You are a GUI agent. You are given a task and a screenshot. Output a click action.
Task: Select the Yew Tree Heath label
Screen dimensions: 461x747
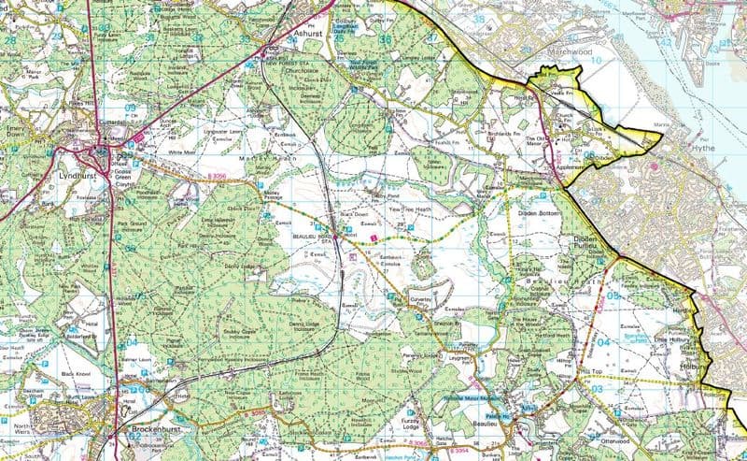(404, 210)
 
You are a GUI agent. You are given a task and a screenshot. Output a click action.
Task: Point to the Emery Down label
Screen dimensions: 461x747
(19, 137)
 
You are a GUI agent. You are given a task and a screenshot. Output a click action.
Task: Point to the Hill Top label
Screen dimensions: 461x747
(591, 370)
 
